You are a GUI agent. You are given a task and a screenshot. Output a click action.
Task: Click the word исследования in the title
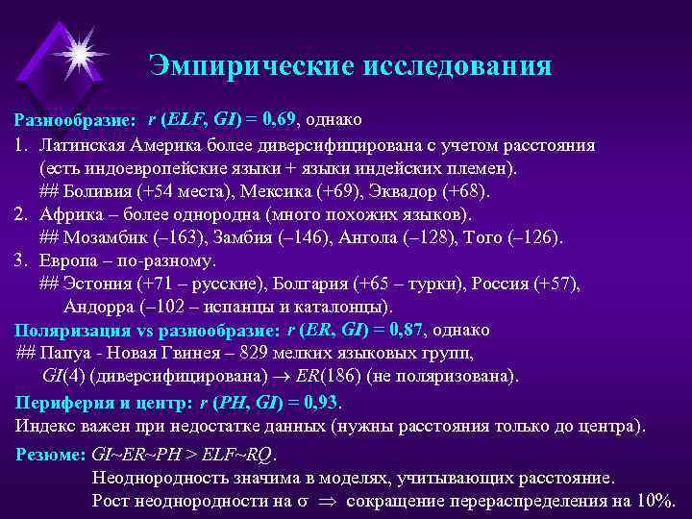click(455, 65)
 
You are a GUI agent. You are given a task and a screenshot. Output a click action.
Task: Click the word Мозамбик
click(108, 236)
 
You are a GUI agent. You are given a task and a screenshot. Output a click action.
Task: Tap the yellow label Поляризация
click(71, 331)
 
